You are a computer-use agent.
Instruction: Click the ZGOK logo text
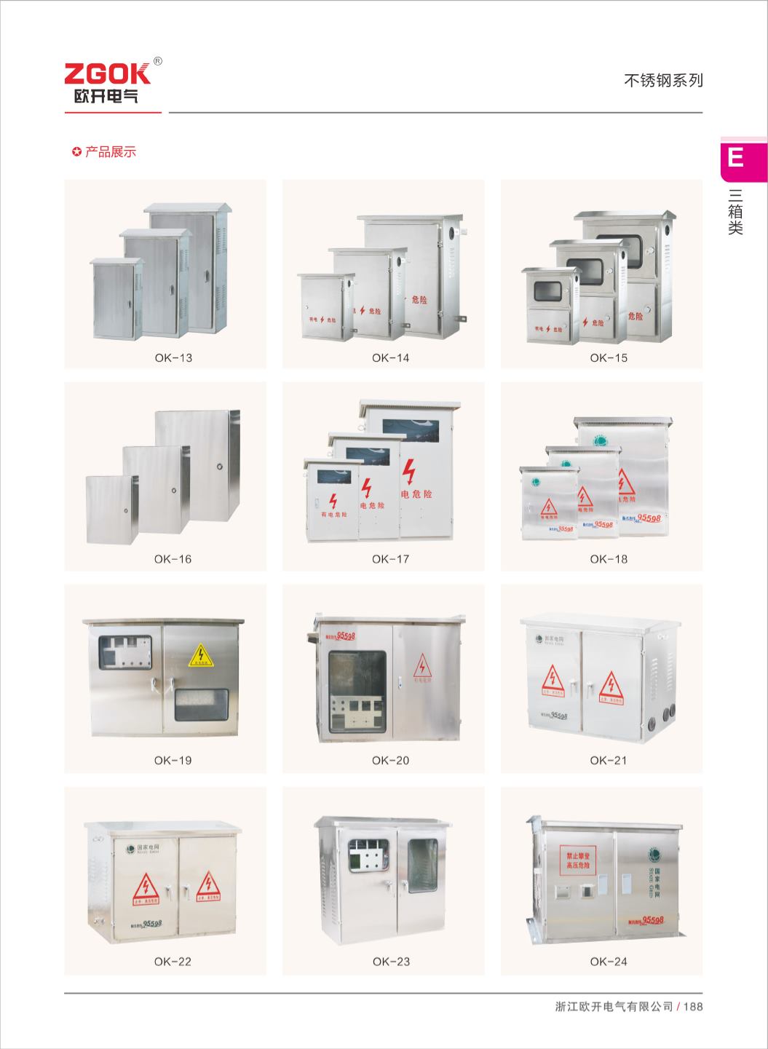[x=107, y=74]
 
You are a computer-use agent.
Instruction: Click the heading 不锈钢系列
[x=663, y=81]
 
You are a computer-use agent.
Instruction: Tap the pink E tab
[x=737, y=157]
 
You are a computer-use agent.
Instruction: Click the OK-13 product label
[x=173, y=358]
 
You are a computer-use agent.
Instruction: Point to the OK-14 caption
[x=390, y=358]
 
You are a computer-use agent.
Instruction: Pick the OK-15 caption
[x=609, y=358]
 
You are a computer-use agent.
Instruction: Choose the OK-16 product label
[x=173, y=559]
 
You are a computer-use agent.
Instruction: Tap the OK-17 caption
[x=390, y=559]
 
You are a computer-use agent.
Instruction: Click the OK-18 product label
[x=609, y=559]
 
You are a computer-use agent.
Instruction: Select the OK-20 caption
[x=390, y=761]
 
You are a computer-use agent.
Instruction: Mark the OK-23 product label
[x=391, y=962]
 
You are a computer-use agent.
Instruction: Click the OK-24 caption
[x=609, y=962]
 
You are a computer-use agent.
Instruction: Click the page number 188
[x=694, y=1008]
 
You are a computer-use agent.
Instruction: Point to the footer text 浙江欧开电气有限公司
[x=614, y=1008]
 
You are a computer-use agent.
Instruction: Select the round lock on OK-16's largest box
[x=219, y=466]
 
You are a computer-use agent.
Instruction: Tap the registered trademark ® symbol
[x=158, y=62]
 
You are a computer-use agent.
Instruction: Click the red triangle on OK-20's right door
[x=422, y=667]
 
